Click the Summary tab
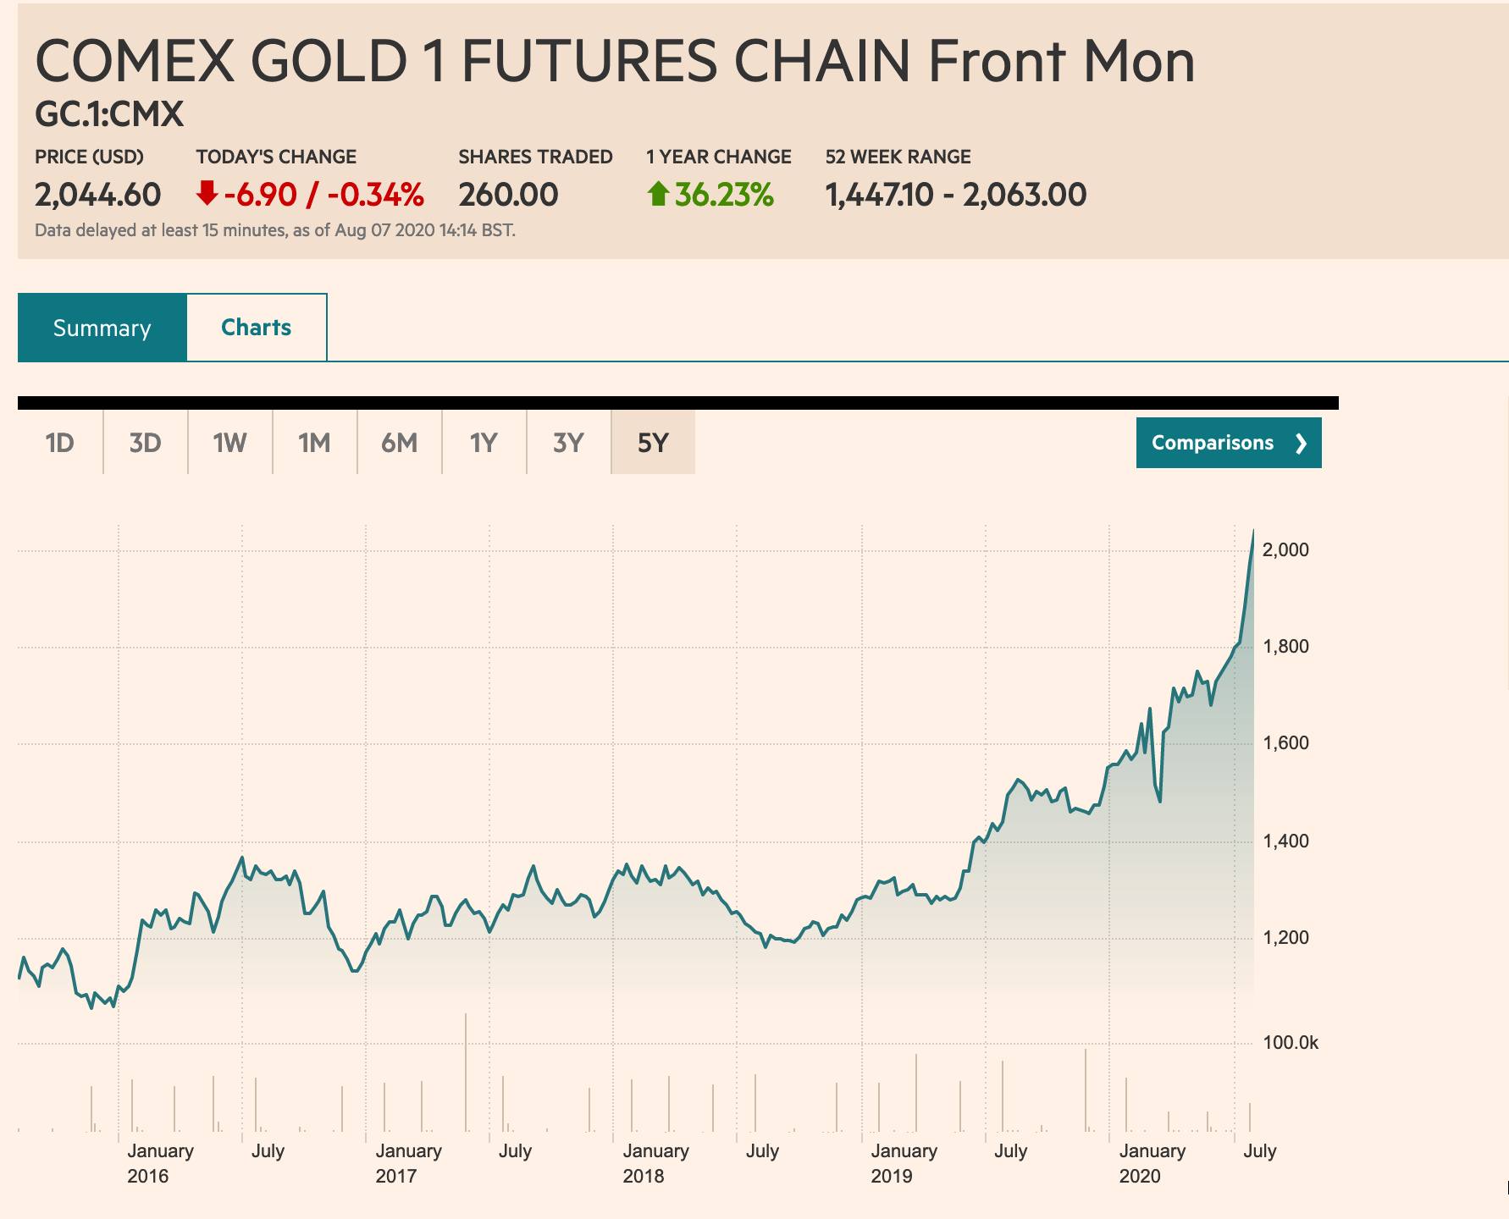point(102,328)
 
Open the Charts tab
point(256,328)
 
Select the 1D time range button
point(60,443)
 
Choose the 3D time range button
point(145,443)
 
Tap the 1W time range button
point(229,443)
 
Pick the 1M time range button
point(314,443)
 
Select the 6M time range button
point(399,443)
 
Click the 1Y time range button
point(484,443)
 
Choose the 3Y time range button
point(568,443)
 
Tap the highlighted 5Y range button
point(653,443)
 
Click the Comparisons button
point(1228,443)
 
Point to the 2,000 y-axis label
point(1285,550)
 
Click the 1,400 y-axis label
point(1285,841)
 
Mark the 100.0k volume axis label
point(1290,1043)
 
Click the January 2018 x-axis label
point(655,1163)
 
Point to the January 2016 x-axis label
point(160,1163)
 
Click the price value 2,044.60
point(97,195)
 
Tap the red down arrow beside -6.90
point(207,195)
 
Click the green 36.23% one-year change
point(724,195)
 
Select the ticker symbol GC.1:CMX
point(109,114)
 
